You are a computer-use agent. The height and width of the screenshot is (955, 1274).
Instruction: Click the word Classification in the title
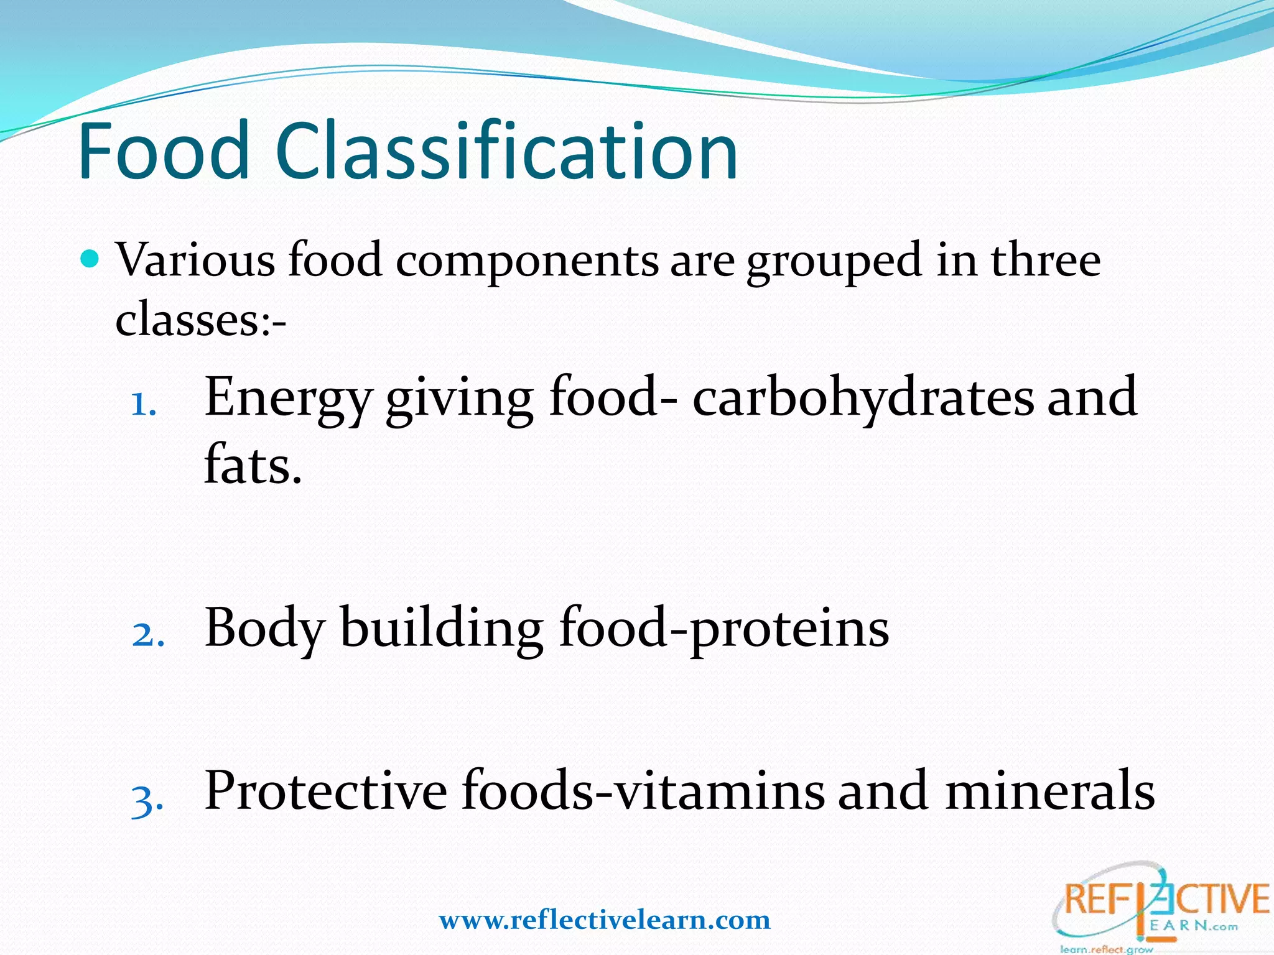506,151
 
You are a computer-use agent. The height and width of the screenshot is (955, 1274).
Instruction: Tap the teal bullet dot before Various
91,257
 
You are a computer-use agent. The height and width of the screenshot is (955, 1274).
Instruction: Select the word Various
195,260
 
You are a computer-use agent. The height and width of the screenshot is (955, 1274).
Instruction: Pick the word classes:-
200,320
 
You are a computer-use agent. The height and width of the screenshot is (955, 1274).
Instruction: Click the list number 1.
143,405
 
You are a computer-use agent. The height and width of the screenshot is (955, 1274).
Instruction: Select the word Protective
325,790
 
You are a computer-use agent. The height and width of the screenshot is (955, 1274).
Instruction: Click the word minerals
1049,790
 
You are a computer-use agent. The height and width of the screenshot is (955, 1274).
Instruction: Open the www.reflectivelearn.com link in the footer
605,920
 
